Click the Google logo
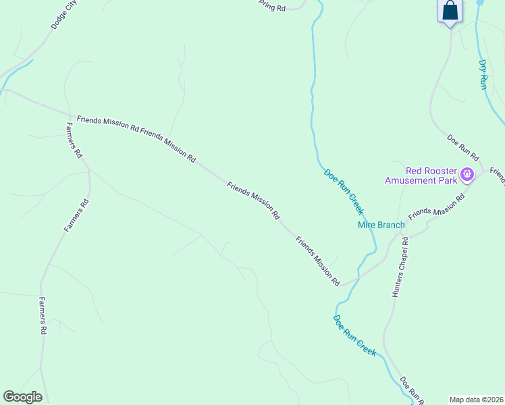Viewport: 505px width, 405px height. [22, 397]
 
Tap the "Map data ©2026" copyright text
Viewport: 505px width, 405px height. [476, 400]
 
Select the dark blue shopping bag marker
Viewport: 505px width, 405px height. [450, 12]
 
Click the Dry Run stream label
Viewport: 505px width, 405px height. [483, 74]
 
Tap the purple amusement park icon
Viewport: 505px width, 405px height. [467, 176]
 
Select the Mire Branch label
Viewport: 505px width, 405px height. [381, 225]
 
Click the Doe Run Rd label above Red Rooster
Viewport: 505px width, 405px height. [462, 148]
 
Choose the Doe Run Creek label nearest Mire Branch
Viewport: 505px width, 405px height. [344, 192]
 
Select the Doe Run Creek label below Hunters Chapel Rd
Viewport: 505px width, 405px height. [354, 335]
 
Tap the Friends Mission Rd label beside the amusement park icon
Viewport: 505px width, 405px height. [437, 205]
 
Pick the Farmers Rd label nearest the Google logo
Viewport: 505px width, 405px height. [43, 316]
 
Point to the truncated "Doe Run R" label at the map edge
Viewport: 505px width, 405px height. [411, 391]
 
